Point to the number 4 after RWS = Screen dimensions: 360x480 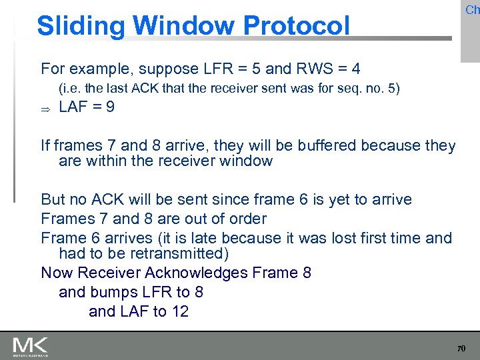pos(357,69)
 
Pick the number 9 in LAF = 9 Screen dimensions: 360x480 pos(109,107)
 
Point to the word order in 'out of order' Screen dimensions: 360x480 pos(246,219)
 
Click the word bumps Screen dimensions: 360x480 pos(111,292)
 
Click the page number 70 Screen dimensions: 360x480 pos(460,349)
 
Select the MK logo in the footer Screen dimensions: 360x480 pos(30,346)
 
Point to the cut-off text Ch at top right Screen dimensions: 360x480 pos(472,10)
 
